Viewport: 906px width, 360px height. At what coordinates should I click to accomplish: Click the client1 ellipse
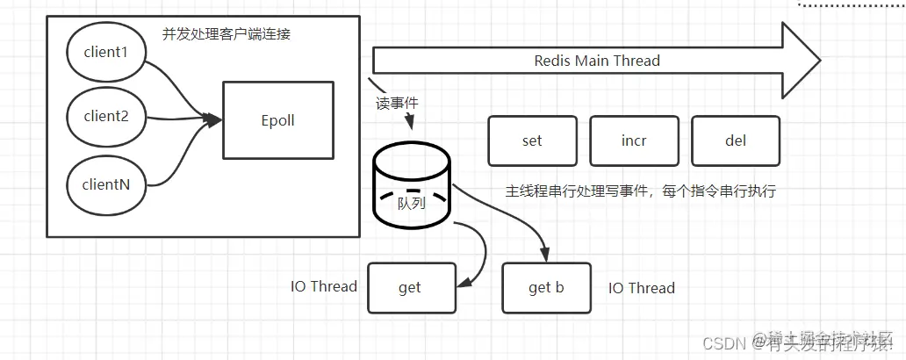(x=105, y=53)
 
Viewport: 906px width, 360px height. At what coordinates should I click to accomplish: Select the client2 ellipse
(x=105, y=116)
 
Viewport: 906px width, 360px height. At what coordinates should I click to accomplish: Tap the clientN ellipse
(x=105, y=185)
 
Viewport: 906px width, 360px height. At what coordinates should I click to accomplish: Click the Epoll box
(x=277, y=121)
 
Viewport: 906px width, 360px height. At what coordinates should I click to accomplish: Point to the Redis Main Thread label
(x=597, y=61)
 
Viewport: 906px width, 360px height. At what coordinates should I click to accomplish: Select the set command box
(x=531, y=140)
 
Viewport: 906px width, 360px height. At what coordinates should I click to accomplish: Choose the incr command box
(x=633, y=140)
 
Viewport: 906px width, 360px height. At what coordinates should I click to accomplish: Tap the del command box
(x=735, y=140)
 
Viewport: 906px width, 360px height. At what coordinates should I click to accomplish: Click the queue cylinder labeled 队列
(x=411, y=189)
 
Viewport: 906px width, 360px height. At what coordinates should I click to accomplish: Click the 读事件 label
(x=397, y=103)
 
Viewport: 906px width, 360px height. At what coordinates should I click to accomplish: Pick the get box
(x=410, y=287)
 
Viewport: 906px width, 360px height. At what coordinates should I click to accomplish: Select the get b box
(x=546, y=287)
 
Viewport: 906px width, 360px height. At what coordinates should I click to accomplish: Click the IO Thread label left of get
(x=324, y=286)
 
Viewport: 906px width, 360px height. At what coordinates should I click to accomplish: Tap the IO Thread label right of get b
(x=642, y=287)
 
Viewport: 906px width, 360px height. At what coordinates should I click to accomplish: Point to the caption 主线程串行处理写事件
(x=641, y=190)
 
